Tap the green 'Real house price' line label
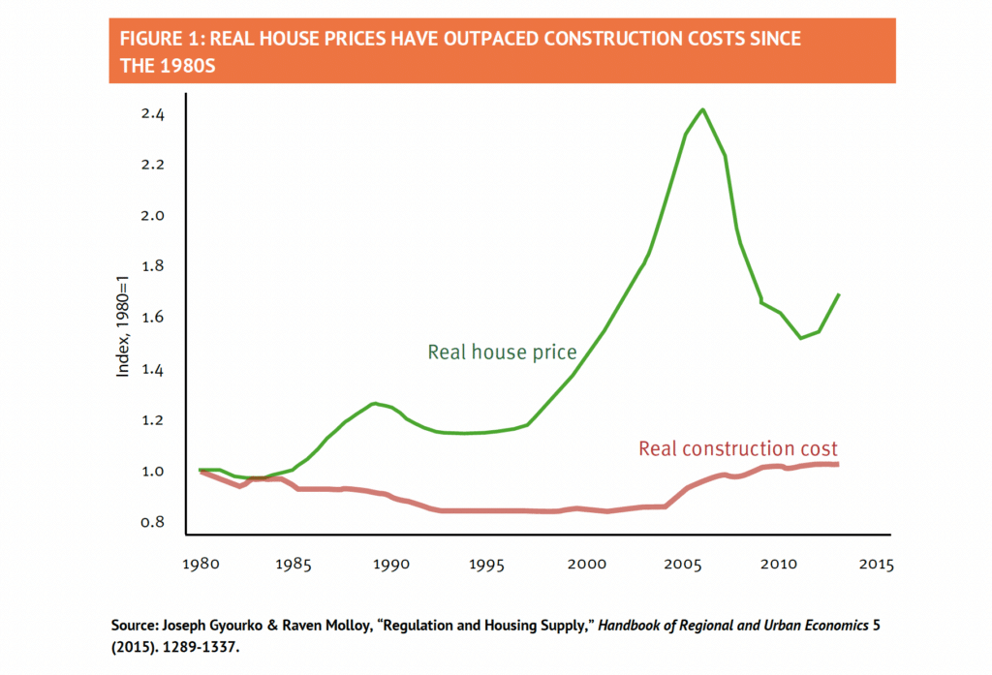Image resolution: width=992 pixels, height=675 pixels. click(502, 353)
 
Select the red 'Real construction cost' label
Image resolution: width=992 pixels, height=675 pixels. click(737, 448)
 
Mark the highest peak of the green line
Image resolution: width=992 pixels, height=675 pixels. click(702, 109)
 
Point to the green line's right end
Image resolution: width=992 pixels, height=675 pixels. click(838, 294)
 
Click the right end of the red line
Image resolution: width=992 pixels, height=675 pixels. click(837, 465)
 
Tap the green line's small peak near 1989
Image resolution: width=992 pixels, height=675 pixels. click(374, 403)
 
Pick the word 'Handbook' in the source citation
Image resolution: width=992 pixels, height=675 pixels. click(632, 626)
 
